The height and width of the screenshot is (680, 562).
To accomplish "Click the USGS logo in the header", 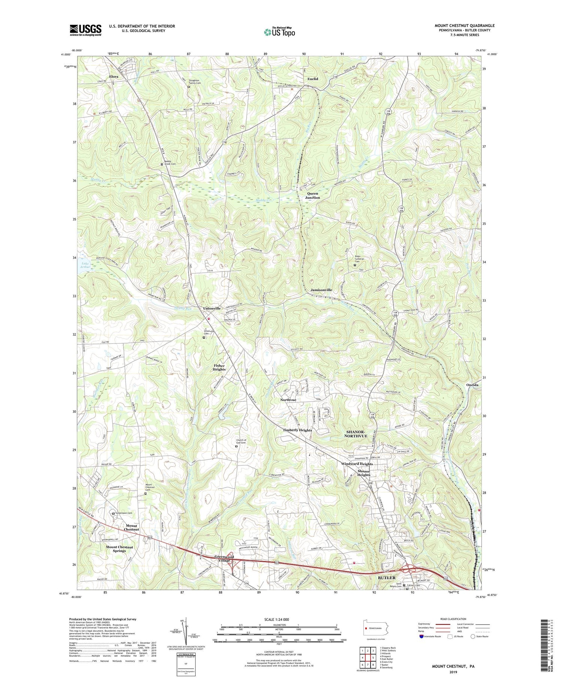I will (x=85, y=30).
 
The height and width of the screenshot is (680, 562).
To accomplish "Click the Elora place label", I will (x=114, y=77).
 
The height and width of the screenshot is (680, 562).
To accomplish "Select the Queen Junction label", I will (x=312, y=195).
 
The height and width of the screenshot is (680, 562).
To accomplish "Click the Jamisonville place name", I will (x=321, y=290).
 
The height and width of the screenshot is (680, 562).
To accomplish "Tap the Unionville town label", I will (x=212, y=308).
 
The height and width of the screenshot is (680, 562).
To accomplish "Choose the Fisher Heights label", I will (x=219, y=367).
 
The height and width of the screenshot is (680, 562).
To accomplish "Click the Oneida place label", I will (x=462, y=385).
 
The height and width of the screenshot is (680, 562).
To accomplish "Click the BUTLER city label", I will (x=386, y=578).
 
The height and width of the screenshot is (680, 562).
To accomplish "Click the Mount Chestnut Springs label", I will (x=120, y=549).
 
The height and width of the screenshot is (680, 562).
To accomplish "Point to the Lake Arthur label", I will (x=85, y=265).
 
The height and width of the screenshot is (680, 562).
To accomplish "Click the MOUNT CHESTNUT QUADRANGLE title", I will (x=464, y=26).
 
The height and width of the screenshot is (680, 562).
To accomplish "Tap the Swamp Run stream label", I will (x=182, y=309).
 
